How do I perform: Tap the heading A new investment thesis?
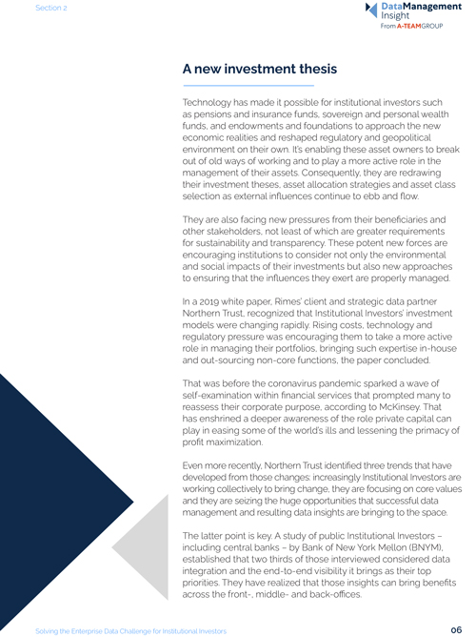259,70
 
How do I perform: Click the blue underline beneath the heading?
234,86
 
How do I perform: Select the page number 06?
456,629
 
